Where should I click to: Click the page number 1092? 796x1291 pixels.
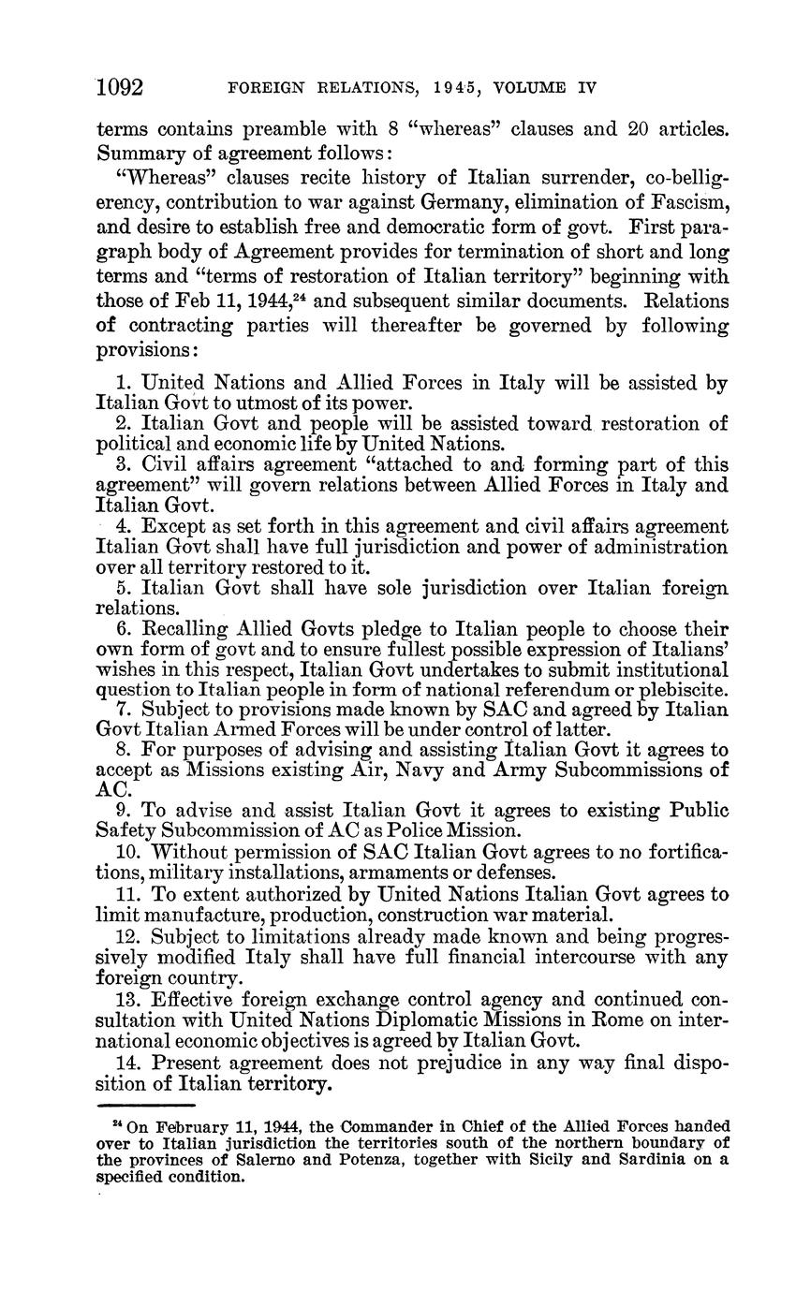119,87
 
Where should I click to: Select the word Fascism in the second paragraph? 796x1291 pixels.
683,202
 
